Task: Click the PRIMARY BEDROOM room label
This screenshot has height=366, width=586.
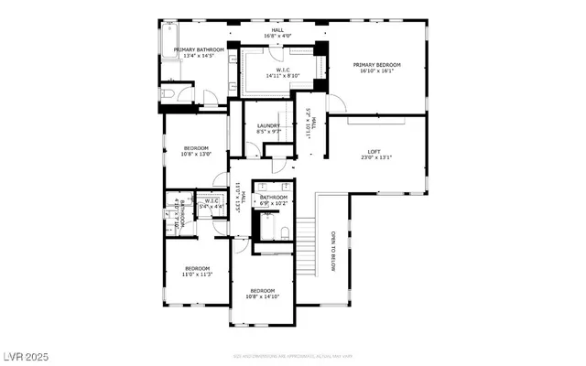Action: (377, 65)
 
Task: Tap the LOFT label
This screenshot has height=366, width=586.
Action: (374, 152)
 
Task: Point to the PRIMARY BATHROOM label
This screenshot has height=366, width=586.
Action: (192, 49)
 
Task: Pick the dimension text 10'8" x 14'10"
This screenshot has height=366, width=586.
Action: (263, 296)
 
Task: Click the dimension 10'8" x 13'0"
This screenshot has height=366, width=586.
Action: (196, 154)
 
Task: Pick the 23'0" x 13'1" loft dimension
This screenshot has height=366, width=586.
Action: (374, 158)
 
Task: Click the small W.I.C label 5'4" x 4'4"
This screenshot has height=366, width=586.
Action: (211, 207)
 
